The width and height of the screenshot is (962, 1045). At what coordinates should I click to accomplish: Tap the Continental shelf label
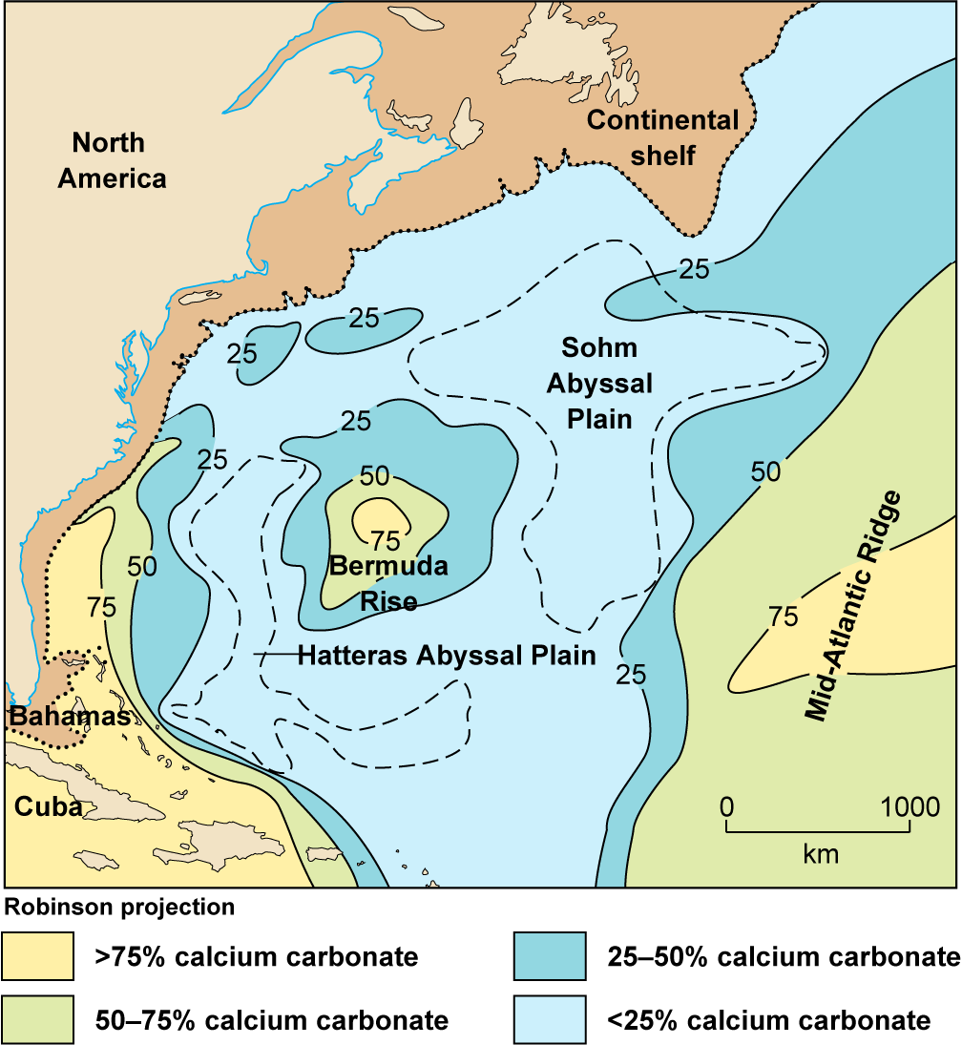[x=662, y=136]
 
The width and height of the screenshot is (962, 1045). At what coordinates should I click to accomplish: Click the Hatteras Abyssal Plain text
[x=447, y=656]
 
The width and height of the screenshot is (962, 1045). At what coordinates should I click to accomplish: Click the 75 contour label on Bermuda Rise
[x=386, y=542]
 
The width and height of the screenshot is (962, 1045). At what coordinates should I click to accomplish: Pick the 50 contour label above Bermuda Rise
[x=374, y=476]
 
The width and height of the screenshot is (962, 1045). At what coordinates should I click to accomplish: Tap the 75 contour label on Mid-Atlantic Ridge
[x=783, y=617]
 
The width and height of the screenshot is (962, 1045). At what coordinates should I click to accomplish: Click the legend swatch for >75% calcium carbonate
[x=38, y=956]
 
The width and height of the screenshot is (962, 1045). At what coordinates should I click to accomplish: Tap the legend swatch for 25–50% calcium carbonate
[x=550, y=956]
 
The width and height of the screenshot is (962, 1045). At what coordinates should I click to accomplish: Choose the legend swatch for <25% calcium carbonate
[x=550, y=1020]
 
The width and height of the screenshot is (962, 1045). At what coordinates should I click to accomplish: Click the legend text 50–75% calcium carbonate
[x=272, y=1020]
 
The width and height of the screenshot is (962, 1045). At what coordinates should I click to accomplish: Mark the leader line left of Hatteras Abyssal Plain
[x=275, y=655]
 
